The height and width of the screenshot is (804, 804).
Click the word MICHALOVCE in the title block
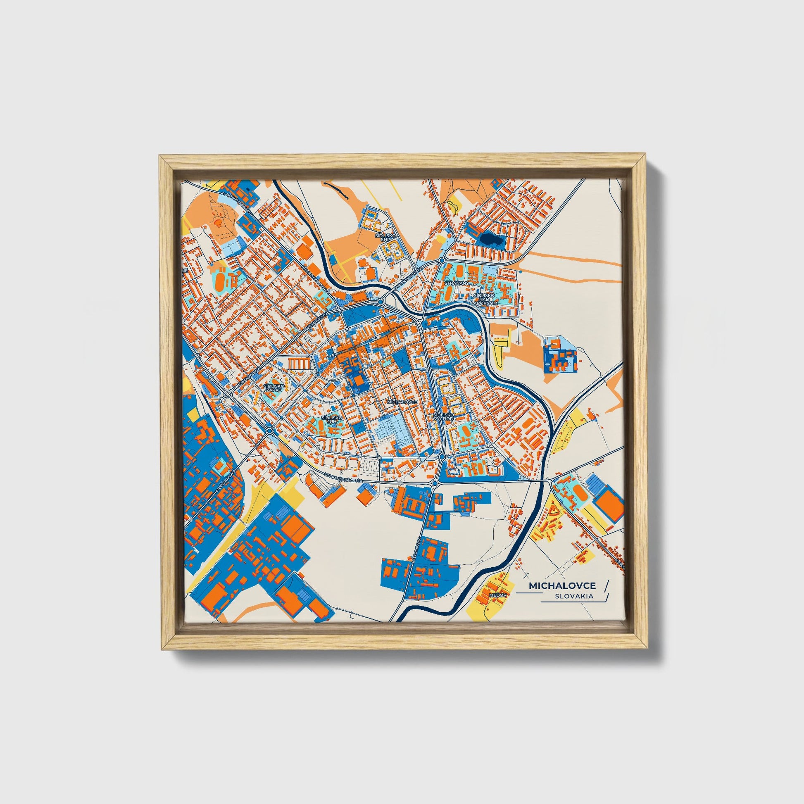coord(562,585)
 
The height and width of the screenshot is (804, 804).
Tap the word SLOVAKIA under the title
coord(574,596)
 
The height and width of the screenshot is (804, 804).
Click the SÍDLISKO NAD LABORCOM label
coord(484,299)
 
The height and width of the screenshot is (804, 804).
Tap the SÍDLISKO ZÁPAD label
coord(274,388)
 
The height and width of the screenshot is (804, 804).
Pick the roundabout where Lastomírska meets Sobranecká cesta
coord(435,483)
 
